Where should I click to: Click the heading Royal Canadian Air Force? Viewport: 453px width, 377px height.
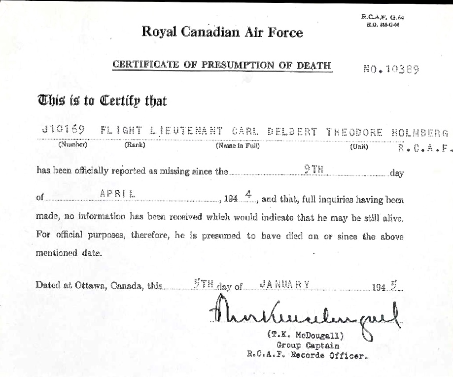[222, 33]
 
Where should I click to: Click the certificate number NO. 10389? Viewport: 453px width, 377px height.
[390, 69]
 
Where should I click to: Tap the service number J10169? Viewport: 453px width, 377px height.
[64, 130]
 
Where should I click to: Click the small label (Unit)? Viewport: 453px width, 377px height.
[359, 147]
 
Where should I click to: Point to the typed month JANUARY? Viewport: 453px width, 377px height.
[278, 283]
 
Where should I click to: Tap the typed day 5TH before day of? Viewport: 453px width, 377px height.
[204, 284]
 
